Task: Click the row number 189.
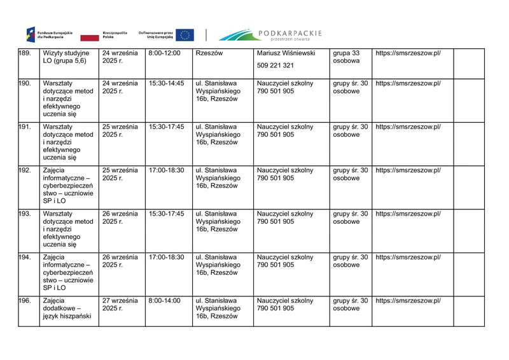point(25,53)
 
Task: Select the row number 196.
point(25,300)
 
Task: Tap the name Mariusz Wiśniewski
point(286,53)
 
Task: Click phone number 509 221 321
point(275,66)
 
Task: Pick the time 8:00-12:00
point(164,53)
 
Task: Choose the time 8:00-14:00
point(164,300)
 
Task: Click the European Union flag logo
point(185,35)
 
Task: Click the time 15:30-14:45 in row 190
point(166,83)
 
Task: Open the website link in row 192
point(408,170)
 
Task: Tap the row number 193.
point(25,214)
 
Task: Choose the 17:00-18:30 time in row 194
point(166,257)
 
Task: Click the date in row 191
point(120,130)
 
